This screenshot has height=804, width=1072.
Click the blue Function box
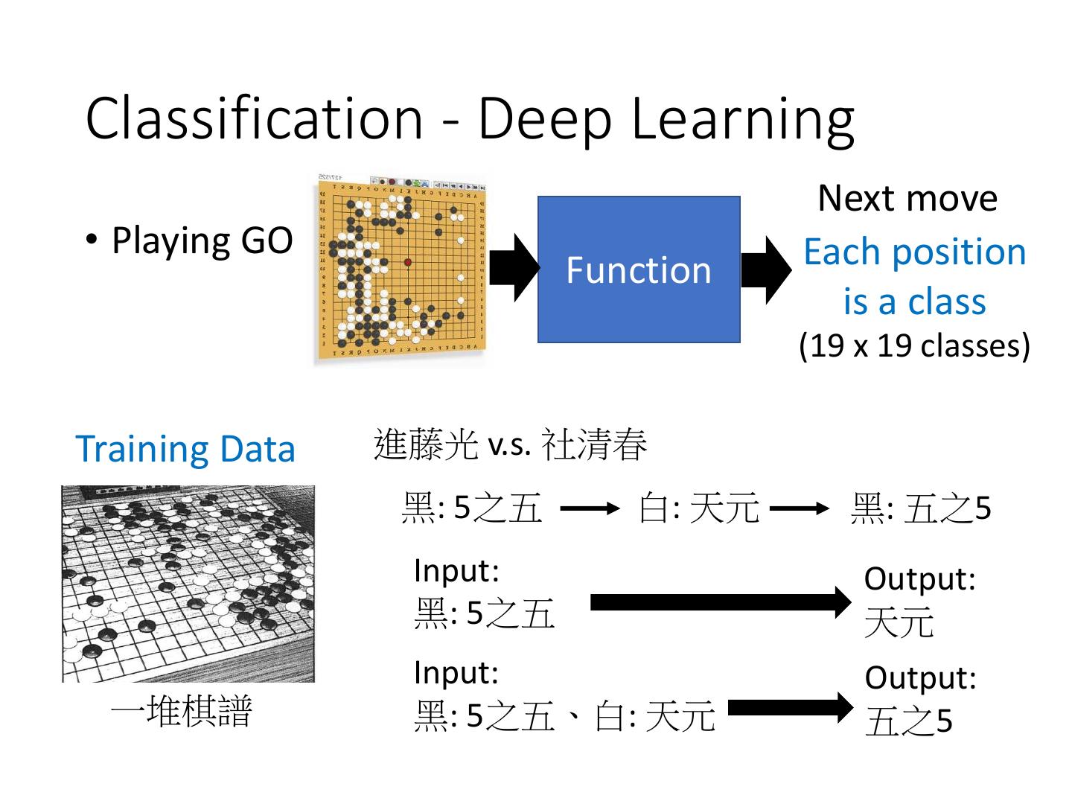(639, 269)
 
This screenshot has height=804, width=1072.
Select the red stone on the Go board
(408, 262)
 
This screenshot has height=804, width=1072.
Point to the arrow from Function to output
(766, 269)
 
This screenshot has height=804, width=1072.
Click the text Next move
(907, 198)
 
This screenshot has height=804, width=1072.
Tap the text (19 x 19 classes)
(914, 345)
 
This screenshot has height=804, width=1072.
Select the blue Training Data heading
(185, 449)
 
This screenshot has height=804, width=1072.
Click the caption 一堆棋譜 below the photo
(182, 711)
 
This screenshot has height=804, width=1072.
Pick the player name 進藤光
(425, 444)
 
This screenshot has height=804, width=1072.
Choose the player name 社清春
(594, 444)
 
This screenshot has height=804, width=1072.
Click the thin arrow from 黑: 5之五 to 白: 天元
(589, 509)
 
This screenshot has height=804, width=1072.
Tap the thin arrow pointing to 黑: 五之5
(799, 509)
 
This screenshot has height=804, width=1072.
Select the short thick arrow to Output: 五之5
(790, 708)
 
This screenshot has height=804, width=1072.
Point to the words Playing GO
(202, 240)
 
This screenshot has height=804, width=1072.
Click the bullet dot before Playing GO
(92, 239)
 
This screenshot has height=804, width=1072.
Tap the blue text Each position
(914, 252)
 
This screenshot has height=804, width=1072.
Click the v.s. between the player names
(509, 446)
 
